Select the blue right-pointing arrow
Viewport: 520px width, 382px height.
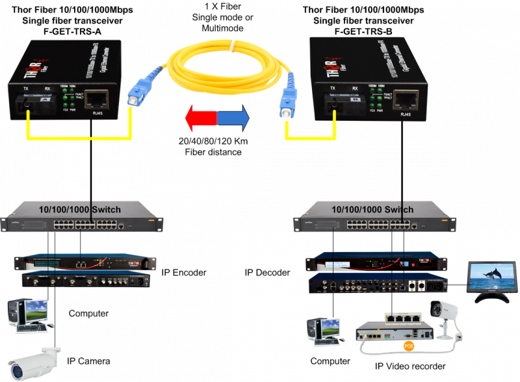click(x=233, y=119)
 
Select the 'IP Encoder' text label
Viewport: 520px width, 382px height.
click(x=184, y=272)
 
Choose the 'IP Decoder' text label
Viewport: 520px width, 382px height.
click(x=267, y=272)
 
